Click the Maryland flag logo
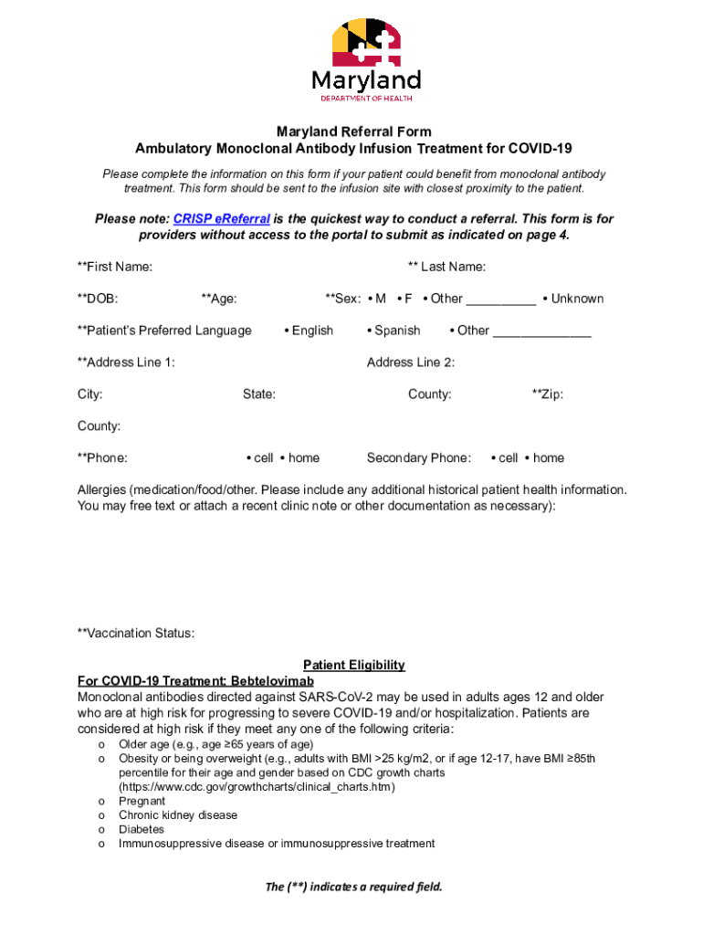point(365,41)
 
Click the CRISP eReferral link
point(221,219)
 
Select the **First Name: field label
point(115,267)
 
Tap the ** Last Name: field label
point(446,267)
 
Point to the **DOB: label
point(98,299)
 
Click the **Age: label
point(219,299)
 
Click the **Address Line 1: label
point(126,362)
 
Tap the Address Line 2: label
point(411,362)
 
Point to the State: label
point(259,394)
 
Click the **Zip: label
point(548,394)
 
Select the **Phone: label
point(102,458)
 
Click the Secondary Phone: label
point(419,458)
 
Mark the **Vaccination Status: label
point(136,634)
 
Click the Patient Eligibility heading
point(354,666)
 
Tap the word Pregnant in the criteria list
point(142,801)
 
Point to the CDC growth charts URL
point(257,787)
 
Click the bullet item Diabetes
point(142,829)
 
